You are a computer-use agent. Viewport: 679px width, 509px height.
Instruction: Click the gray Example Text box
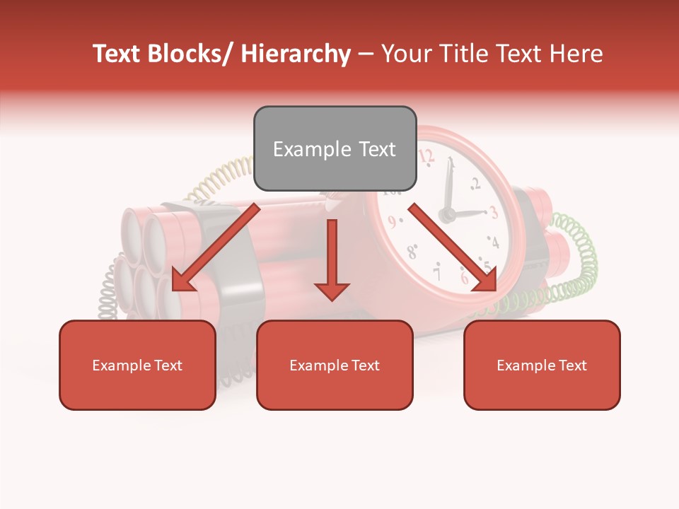[x=335, y=148]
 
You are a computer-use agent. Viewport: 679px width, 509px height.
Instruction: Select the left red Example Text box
[x=137, y=365]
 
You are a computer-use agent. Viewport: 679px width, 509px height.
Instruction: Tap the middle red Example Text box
[x=335, y=365]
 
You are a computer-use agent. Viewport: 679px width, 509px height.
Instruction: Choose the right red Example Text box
[x=542, y=365]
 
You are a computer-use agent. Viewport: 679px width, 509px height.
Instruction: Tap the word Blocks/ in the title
[x=191, y=54]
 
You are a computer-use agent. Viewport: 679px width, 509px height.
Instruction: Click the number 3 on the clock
[x=494, y=211]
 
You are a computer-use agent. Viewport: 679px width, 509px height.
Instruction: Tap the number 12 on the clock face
[x=426, y=156]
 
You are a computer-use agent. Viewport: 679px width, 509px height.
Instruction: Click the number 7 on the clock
[x=438, y=271]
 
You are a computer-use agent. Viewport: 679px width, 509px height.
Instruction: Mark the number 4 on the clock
[x=494, y=243]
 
